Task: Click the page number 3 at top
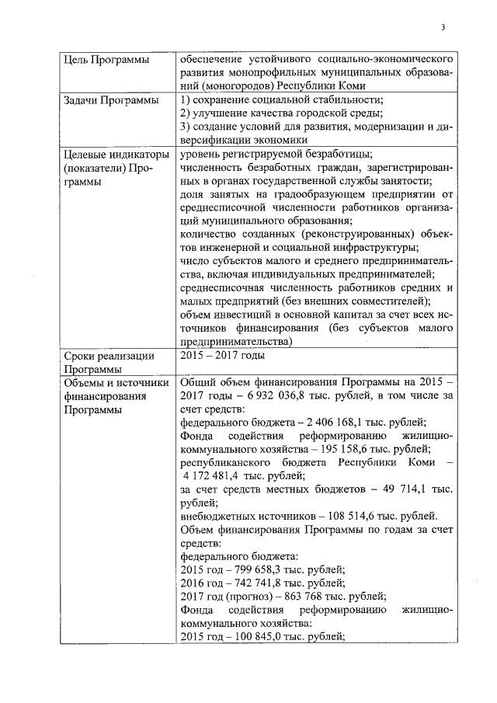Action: pyautogui.click(x=443, y=30)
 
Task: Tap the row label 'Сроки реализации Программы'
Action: pyautogui.click(x=109, y=363)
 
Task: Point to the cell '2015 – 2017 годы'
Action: pyautogui.click(x=222, y=356)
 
